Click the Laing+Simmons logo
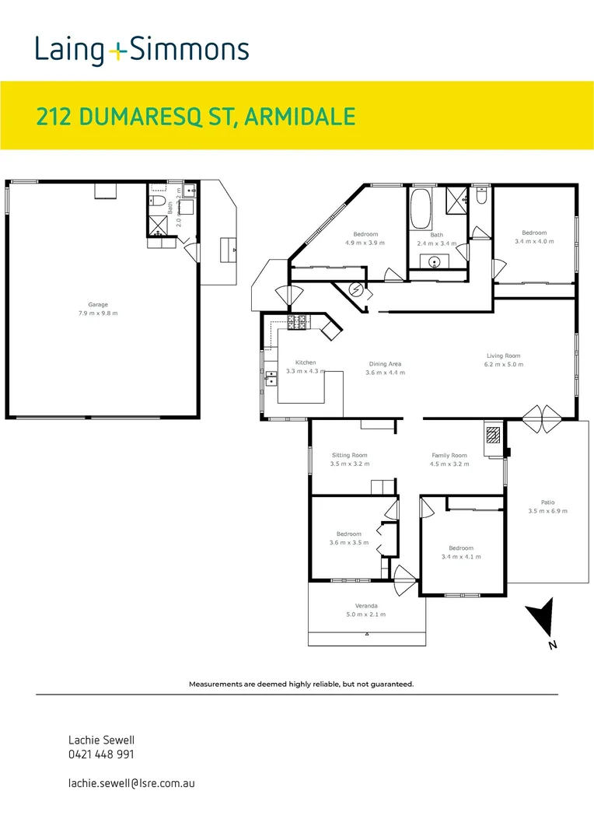click(142, 51)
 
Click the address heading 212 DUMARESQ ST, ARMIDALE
click(196, 117)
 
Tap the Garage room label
click(97, 305)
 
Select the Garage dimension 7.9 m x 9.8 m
click(97, 313)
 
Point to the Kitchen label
click(306, 362)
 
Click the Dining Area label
click(385, 364)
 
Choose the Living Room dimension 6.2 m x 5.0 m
click(504, 364)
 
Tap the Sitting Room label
click(349, 455)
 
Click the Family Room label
click(449, 455)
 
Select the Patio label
click(547, 502)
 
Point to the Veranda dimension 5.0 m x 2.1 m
click(366, 614)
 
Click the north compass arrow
click(542, 618)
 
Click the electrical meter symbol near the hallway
click(357, 290)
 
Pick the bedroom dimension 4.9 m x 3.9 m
click(365, 243)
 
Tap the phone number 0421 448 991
click(102, 754)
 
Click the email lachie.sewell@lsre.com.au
click(131, 782)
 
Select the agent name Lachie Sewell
click(97, 740)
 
